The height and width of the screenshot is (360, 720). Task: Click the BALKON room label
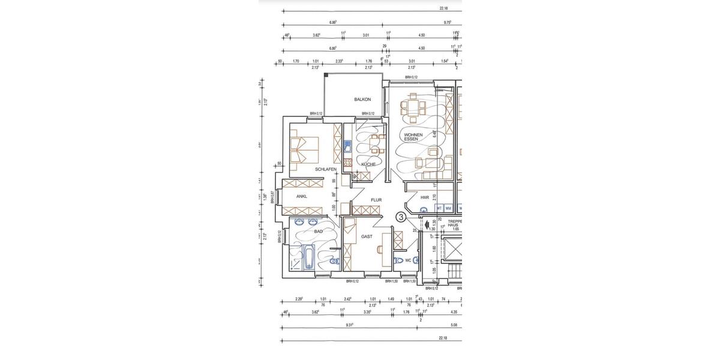(x=362, y=100)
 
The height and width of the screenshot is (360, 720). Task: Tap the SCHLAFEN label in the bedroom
(x=326, y=169)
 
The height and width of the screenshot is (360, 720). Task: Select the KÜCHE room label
(x=368, y=164)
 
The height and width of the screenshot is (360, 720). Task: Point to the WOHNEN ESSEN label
(x=413, y=137)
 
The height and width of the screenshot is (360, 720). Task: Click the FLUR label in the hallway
(x=376, y=200)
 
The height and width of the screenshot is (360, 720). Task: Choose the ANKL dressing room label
(x=302, y=196)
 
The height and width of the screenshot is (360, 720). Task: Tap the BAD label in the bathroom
(x=318, y=231)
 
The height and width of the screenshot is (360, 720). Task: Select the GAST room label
(x=367, y=236)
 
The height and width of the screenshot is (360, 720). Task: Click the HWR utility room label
(x=425, y=197)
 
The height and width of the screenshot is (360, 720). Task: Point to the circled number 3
(x=401, y=217)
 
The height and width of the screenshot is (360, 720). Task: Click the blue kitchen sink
(x=347, y=146)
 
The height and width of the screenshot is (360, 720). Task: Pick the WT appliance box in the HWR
(x=439, y=208)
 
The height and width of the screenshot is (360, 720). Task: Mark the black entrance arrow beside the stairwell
(x=426, y=226)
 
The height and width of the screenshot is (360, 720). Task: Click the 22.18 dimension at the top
(x=443, y=8)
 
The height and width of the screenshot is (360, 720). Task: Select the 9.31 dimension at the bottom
(x=349, y=325)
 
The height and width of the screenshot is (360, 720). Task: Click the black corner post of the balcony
(x=326, y=75)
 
